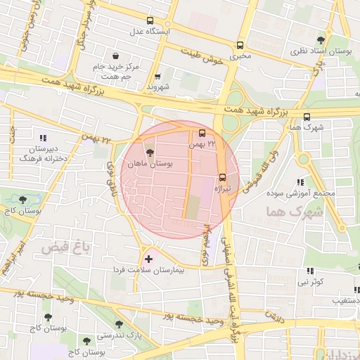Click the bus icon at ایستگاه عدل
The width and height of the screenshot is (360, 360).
click(149, 21)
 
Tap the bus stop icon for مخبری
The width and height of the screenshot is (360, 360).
click(240, 43)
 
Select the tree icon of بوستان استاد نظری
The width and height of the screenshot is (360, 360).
click(321, 40)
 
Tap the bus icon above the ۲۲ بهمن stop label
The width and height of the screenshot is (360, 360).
click(202, 133)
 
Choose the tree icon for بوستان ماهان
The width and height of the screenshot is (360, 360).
click(149, 152)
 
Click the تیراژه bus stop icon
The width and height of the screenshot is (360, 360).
click(223, 177)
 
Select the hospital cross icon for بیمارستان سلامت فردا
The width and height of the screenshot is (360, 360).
click(148, 259)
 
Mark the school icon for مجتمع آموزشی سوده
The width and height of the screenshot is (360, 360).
click(301, 182)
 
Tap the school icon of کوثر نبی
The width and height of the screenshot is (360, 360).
click(309, 271)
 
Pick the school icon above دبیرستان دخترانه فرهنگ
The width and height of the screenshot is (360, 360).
click(43, 138)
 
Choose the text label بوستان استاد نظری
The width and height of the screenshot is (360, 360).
click(320, 52)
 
